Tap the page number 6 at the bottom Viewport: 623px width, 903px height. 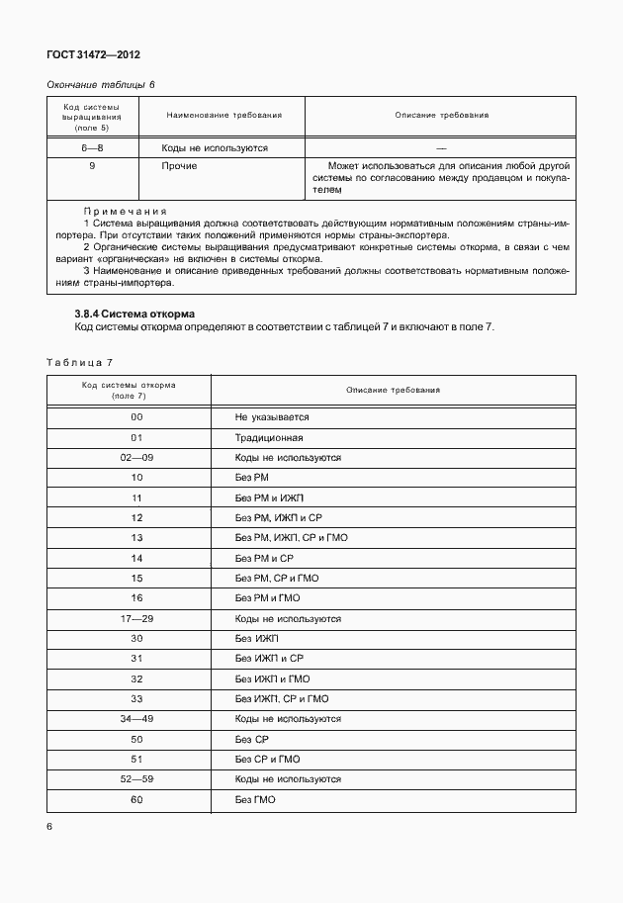(49, 825)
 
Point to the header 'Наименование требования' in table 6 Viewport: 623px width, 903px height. (223, 116)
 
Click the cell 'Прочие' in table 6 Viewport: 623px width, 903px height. (179, 166)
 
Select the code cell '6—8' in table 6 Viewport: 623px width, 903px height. (92, 147)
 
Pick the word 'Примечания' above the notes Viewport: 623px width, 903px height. (126, 212)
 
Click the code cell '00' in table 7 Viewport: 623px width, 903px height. (136, 417)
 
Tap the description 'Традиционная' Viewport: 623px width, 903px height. (269, 437)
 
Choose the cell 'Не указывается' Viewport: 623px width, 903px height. (272, 417)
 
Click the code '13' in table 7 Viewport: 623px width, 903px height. (136, 538)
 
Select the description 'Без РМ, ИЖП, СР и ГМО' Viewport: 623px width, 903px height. (291, 538)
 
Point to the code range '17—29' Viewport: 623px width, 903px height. (136, 618)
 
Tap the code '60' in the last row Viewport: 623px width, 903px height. (136, 799)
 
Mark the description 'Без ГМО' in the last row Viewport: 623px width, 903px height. (255, 799)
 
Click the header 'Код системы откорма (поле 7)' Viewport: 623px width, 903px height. (130, 390)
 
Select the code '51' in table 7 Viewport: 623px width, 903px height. (136, 759)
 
